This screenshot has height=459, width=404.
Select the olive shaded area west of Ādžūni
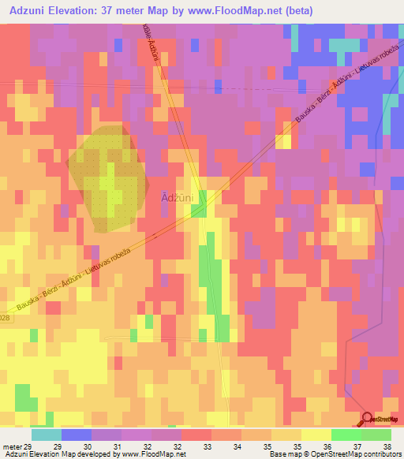[x=108, y=177]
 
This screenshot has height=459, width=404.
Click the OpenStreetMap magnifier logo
[x=367, y=420]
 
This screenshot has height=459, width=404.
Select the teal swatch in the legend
[x=46, y=435]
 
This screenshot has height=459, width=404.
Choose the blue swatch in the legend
[x=77, y=435]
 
